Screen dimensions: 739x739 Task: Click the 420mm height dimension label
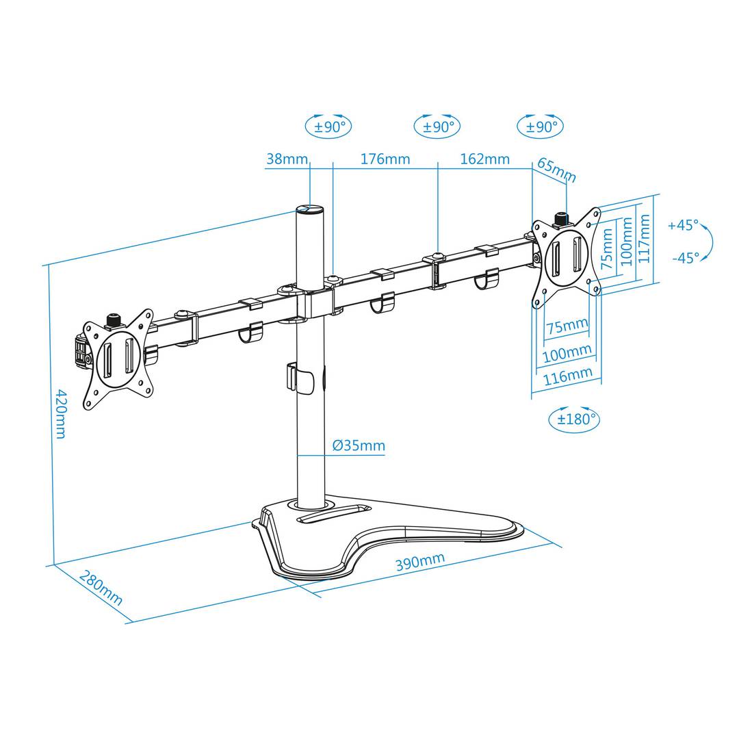tap(61, 413)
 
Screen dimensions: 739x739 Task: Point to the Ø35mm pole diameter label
tap(359, 446)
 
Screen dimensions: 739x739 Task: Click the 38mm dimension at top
tap(287, 159)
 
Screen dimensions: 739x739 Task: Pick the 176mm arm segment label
tap(385, 159)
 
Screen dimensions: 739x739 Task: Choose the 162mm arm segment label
tap(484, 159)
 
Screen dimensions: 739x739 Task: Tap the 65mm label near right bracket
tap(557, 170)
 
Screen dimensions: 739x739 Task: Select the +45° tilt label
tap(684, 225)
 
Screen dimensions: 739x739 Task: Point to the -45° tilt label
tap(685, 258)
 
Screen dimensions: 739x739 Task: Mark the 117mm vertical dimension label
tap(644, 237)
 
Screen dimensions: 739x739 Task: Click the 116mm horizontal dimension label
tap(567, 376)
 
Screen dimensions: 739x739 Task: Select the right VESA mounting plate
tap(566, 252)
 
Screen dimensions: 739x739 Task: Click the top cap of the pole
tap(311, 210)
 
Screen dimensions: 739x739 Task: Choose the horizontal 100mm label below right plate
tap(567, 354)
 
